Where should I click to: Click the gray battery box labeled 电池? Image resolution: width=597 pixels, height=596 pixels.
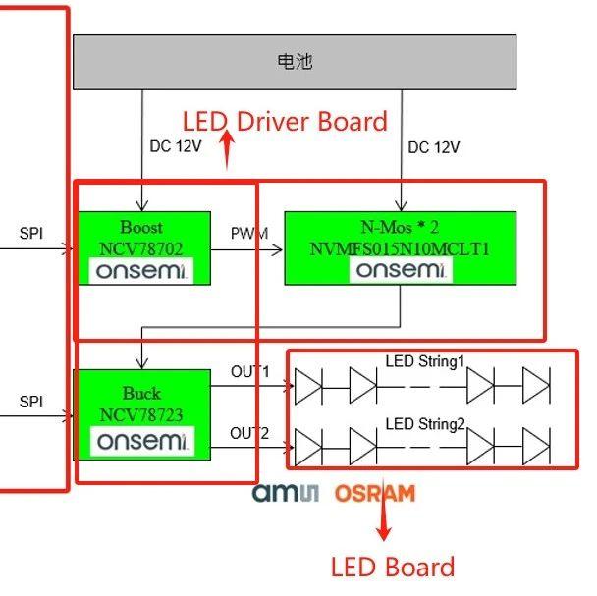pos(295,63)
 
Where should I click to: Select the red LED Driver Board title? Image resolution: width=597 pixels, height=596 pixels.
pos(285,122)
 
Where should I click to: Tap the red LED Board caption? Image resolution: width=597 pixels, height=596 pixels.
pos(392,567)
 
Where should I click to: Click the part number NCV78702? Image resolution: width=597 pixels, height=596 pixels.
pos(141,249)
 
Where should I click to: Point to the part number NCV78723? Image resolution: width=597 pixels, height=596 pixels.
pos(141,415)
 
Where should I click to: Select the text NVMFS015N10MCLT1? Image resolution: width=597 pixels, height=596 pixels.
pos(400,249)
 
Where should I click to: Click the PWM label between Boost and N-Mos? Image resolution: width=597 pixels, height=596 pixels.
pos(247,235)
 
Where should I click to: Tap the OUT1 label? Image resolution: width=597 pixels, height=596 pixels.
pos(249,372)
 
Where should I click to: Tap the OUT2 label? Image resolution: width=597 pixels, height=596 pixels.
pos(249,433)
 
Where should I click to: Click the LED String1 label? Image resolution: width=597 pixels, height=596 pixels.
pos(424,361)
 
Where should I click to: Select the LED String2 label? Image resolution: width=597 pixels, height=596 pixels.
pos(424,424)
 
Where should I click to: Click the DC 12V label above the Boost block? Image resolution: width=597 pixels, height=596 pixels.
pos(176,147)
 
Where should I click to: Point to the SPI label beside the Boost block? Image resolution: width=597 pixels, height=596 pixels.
pos(31,234)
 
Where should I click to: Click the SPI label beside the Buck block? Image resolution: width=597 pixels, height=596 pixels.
pos(31,403)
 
